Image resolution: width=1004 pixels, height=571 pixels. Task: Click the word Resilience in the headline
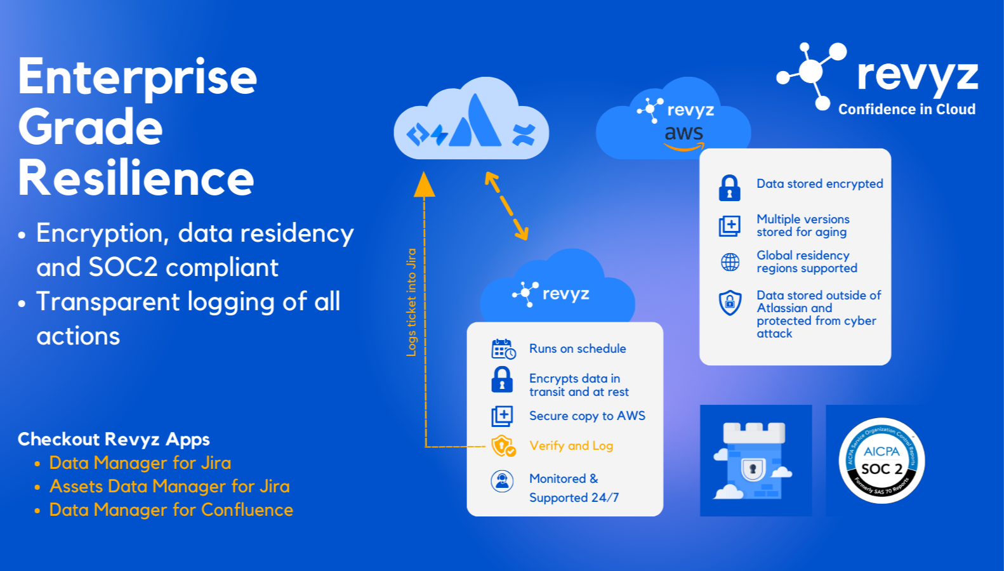[136, 178]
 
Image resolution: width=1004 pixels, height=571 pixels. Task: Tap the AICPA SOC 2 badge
[882, 461]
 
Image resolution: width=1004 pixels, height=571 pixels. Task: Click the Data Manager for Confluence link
[171, 510]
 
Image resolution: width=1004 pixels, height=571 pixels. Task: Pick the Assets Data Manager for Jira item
[169, 487]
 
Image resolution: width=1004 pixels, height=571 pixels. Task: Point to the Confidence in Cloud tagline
[906, 110]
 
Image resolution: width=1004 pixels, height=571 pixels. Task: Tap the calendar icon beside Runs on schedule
[503, 349]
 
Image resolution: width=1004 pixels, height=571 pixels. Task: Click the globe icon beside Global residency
[730, 262]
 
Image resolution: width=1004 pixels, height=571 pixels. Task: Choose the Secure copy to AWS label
[587, 416]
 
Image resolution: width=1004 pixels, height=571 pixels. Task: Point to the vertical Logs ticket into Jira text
[411, 302]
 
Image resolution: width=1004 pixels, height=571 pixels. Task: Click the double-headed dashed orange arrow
[506, 206]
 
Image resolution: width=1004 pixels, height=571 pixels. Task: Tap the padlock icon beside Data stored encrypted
[729, 188]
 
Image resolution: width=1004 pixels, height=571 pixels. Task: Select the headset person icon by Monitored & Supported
[502, 481]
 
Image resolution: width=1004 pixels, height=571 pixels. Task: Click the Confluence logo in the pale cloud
[524, 135]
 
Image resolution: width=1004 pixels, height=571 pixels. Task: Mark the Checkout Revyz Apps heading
[114, 439]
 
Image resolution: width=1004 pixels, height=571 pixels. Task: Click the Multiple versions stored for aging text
[803, 226]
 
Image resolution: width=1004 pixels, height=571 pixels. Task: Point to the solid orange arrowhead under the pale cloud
[425, 185]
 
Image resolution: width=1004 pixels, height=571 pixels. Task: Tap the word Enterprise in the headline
[137, 77]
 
